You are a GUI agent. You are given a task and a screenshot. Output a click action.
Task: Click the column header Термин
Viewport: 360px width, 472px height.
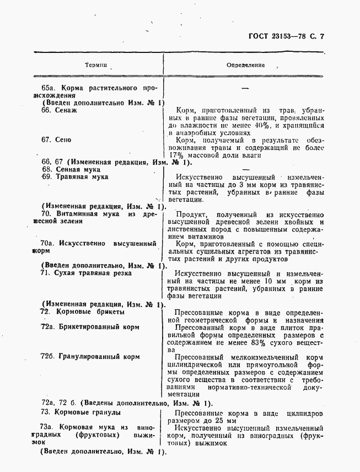(96, 65)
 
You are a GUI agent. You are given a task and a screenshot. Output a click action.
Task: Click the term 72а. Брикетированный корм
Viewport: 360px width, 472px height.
(90, 327)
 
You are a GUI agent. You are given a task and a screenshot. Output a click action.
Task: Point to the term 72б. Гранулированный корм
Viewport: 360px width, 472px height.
(90, 357)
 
